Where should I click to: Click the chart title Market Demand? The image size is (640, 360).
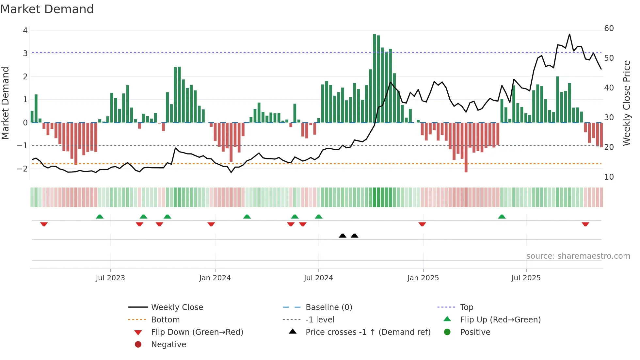pos(47,9)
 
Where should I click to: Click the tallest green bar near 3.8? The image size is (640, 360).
pos(375,78)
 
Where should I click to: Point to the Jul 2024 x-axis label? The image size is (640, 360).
pos(318,278)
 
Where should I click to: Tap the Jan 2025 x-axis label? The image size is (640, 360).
pos(423,278)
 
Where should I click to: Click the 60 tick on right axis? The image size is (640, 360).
pos(609,28)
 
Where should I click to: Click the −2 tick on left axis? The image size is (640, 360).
pos(23,169)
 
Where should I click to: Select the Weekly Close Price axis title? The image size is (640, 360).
pos(626,103)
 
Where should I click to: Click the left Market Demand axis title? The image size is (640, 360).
pos(6,103)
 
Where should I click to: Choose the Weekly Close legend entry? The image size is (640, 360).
pos(177,307)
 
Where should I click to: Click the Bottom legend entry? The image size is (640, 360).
pos(165,320)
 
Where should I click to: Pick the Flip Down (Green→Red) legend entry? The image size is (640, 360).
pos(197,332)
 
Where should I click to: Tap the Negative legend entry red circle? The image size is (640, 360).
pos(138,345)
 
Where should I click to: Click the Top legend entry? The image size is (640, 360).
pos(467,307)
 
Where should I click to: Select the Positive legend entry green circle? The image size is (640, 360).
pos(447,332)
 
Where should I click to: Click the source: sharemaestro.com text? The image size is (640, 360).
pos(578,256)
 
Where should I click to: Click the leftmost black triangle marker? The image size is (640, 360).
pos(343,236)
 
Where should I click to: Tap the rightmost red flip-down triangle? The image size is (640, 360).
pos(585,224)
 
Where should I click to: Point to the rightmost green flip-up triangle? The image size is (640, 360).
pos(502,217)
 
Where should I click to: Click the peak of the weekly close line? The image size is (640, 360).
pos(569,34)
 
